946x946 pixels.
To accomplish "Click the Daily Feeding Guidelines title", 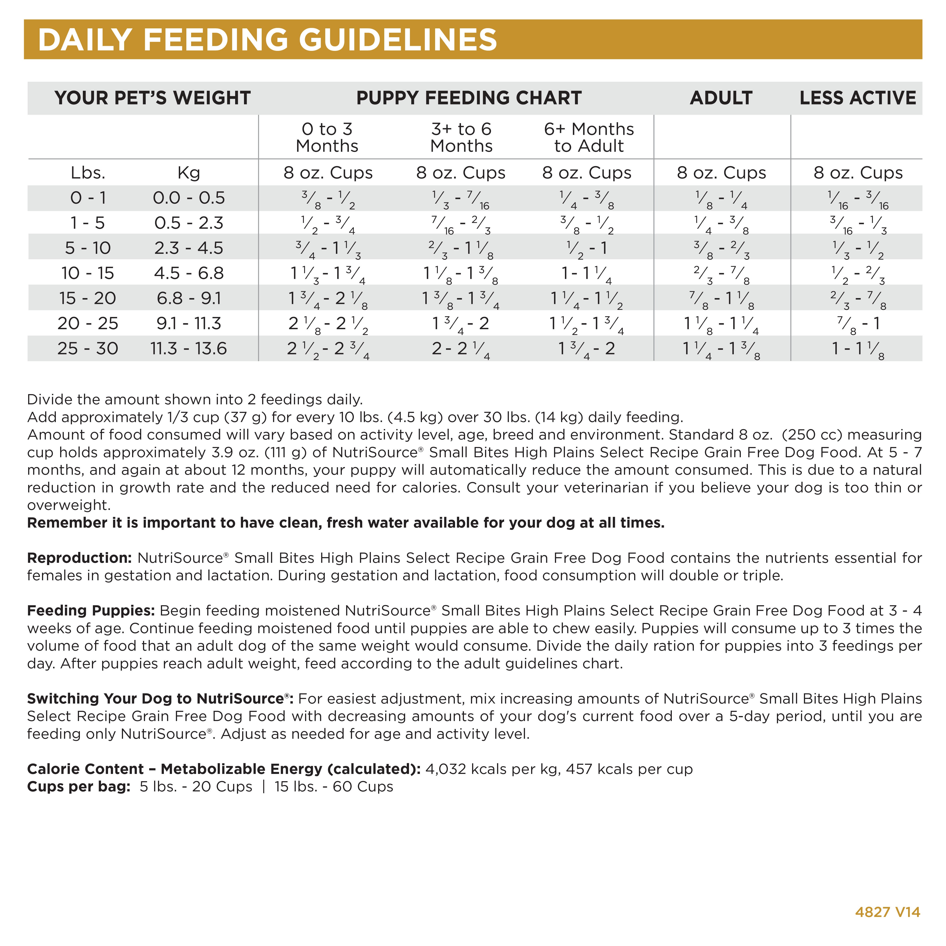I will [267, 40].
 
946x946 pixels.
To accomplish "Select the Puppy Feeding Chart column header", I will [469, 98].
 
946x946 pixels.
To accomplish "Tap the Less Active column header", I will [857, 98].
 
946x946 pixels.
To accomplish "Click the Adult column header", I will [721, 98].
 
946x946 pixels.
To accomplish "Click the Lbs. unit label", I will [88, 173].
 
